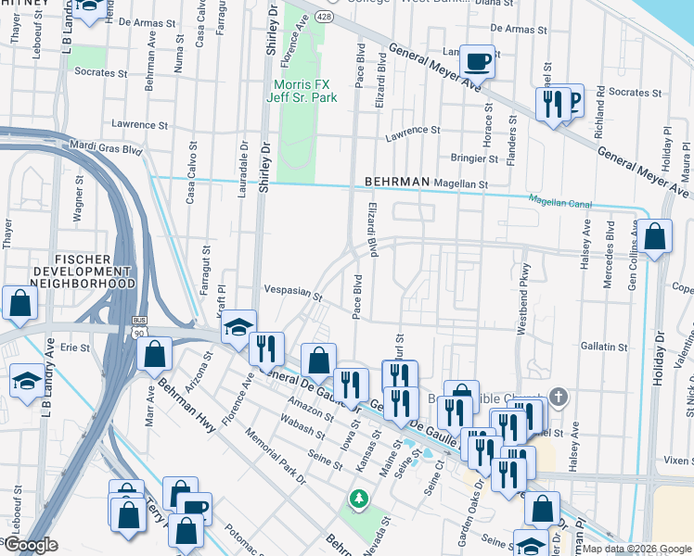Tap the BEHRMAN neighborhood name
[400, 183]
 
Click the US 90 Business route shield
[138, 324]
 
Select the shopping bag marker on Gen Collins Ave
[654, 237]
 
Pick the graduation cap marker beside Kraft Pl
[238, 326]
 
